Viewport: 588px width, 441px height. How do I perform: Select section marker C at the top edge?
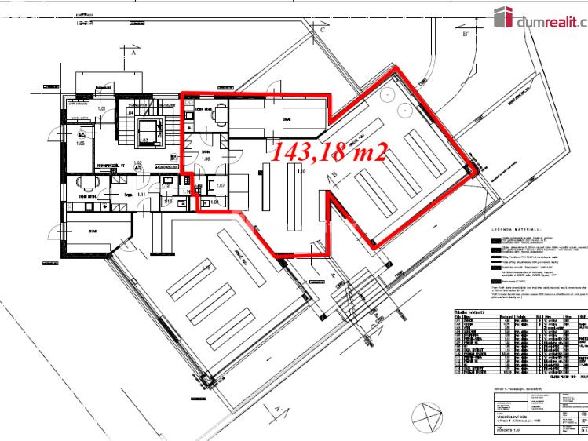pos(322,29)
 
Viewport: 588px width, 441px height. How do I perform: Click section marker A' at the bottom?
pos(277,409)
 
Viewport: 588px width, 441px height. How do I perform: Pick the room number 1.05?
pos(80,144)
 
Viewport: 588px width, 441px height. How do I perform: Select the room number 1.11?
pos(141,193)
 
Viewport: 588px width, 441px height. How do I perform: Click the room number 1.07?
pos(221,185)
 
